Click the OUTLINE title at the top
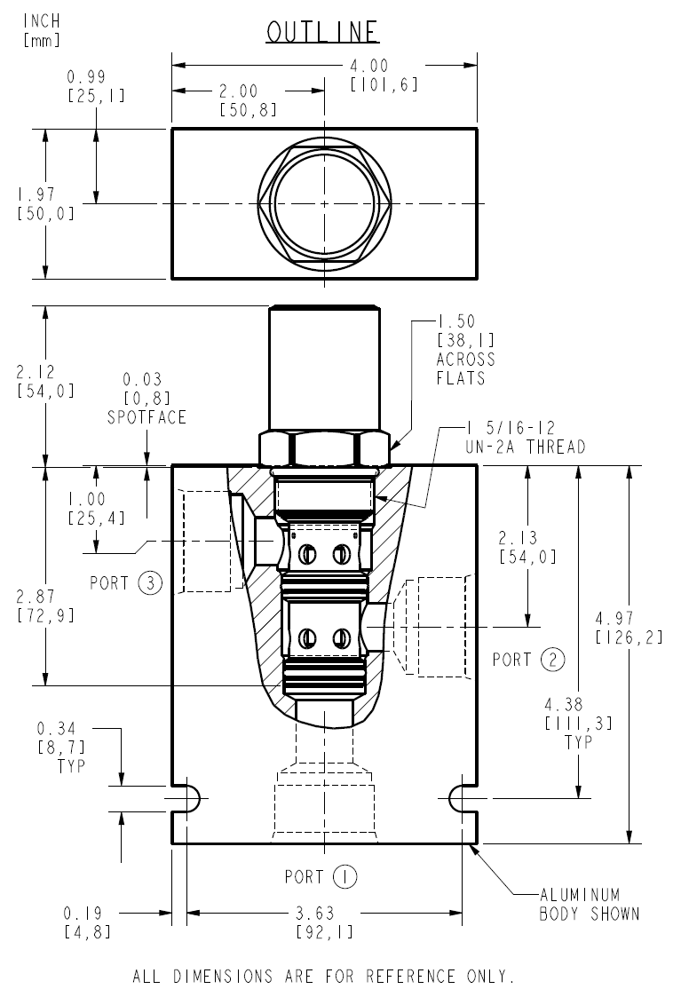tap(323, 32)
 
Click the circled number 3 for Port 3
tap(151, 583)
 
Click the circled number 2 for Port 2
tap(552, 660)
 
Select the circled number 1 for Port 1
tap(344, 877)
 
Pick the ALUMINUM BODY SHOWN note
tap(589, 905)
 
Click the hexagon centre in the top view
tap(324, 203)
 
